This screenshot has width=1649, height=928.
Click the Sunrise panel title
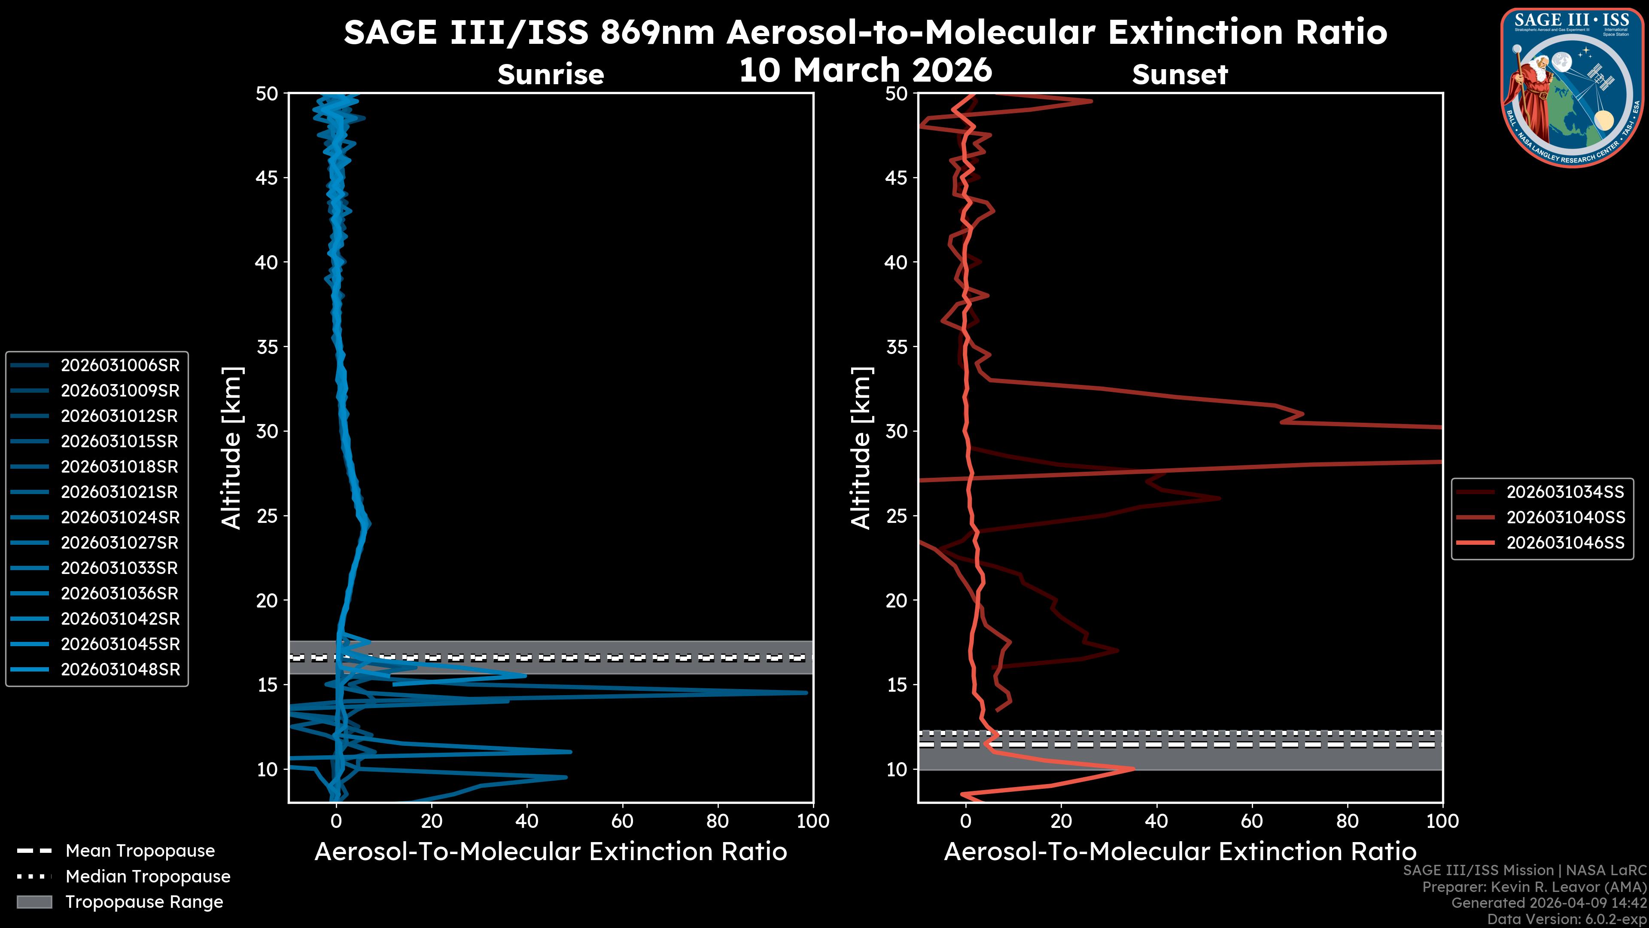click(551, 75)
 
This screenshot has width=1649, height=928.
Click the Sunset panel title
click(1180, 75)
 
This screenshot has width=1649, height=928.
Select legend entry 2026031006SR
click(120, 366)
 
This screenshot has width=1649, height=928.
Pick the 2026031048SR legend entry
click(120, 670)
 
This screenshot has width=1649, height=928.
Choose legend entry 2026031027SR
click(120, 543)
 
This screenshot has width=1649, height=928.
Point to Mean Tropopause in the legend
click(140, 851)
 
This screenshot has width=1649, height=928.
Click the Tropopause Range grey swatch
click(34, 902)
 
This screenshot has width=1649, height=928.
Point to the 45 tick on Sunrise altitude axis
click(267, 178)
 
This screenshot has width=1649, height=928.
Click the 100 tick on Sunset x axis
click(1442, 821)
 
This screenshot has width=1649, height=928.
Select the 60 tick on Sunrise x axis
click(622, 821)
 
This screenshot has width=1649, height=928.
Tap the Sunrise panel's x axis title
click(551, 852)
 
